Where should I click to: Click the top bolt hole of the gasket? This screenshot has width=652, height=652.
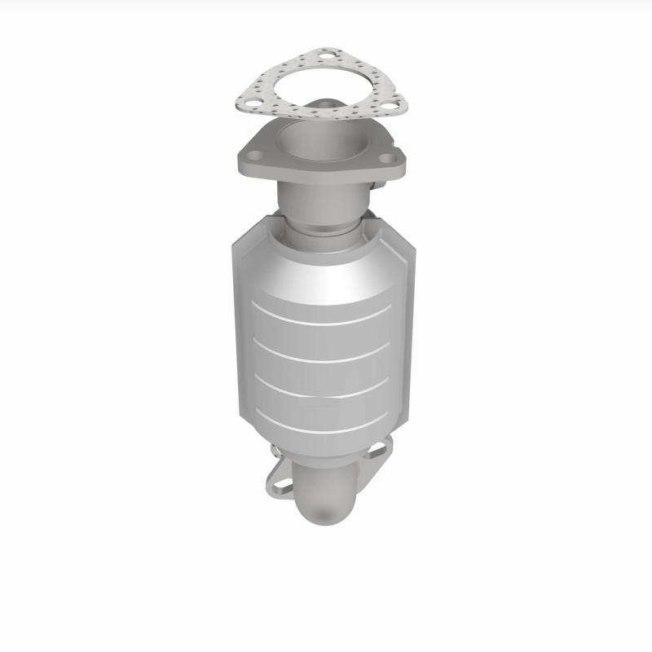pos(325,57)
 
